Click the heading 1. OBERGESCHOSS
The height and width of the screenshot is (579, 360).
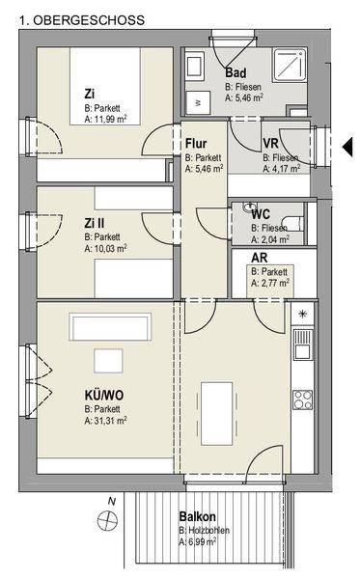click(x=82, y=20)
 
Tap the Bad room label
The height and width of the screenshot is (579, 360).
click(x=235, y=72)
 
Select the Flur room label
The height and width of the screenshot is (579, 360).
click(x=196, y=143)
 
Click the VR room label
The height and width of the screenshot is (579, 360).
click(x=270, y=143)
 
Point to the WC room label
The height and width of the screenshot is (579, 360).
click(x=261, y=214)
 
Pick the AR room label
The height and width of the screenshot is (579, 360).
click(x=260, y=258)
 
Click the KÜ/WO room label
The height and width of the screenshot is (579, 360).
click(x=104, y=396)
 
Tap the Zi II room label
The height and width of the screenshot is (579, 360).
click(x=95, y=223)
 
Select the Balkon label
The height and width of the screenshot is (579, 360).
click(x=198, y=516)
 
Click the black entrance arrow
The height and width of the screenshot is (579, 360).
click(x=347, y=147)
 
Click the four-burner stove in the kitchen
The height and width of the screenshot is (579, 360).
click(x=303, y=400)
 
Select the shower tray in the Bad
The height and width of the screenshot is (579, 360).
click(x=290, y=65)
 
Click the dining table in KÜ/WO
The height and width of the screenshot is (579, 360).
click(x=217, y=414)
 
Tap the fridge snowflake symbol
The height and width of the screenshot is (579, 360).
click(x=303, y=315)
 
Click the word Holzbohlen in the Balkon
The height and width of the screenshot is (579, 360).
click(x=209, y=530)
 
